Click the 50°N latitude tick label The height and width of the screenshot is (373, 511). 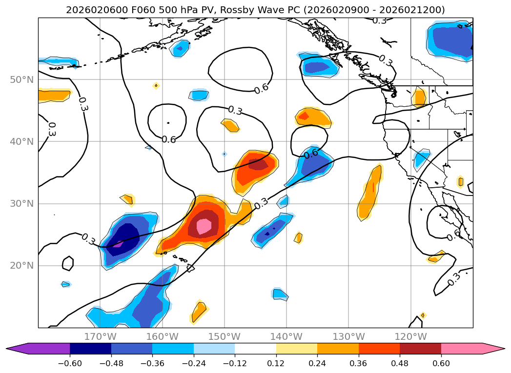(x=21, y=79)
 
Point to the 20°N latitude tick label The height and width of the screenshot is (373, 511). (x=21, y=266)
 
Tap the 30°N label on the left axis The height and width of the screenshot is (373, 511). (x=21, y=204)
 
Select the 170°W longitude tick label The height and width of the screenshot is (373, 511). (x=100, y=336)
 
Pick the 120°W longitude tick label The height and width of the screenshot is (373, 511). (x=410, y=336)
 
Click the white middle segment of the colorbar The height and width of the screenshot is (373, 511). (x=255, y=349)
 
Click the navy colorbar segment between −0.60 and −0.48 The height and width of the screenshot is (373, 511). (x=90, y=349)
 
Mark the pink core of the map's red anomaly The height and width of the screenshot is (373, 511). (x=204, y=226)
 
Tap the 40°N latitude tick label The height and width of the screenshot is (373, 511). (x=21, y=141)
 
